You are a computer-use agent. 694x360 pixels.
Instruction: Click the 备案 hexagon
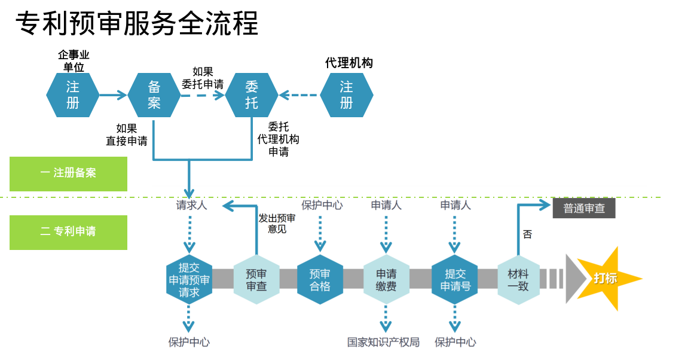click(x=154, y=95)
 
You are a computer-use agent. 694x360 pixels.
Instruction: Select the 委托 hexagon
click(x=252, y=95)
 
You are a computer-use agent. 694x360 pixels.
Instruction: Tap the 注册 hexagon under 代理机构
click(x=347, y=95)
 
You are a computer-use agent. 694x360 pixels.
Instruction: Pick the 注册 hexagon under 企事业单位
click(x=72, y=95)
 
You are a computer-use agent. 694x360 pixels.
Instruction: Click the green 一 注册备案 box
click(x=68, y=173)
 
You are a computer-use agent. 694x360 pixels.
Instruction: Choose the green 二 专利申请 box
click(x=68, y=232)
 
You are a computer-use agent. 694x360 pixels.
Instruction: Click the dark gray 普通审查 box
click(x=583, y=208)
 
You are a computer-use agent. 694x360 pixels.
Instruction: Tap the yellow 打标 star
click(x=605, y=278)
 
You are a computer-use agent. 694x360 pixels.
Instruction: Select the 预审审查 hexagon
click(x=256, y=279)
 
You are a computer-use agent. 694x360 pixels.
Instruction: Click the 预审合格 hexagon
click(x=320, y=279)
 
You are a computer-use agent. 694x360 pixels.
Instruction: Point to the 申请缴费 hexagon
click(x=386, y=279)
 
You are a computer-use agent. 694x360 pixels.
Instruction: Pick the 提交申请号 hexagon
click(x=455, y=279)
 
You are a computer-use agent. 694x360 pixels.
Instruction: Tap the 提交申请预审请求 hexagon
click(x=189, y=279)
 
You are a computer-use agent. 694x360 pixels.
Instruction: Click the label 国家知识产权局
click(x=383, y=342)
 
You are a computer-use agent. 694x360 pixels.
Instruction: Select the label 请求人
click(x=191, y=205)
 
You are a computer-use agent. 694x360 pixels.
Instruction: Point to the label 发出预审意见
click(x=277, y=223)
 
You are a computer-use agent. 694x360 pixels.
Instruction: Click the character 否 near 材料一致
click(x=527, y=234)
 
